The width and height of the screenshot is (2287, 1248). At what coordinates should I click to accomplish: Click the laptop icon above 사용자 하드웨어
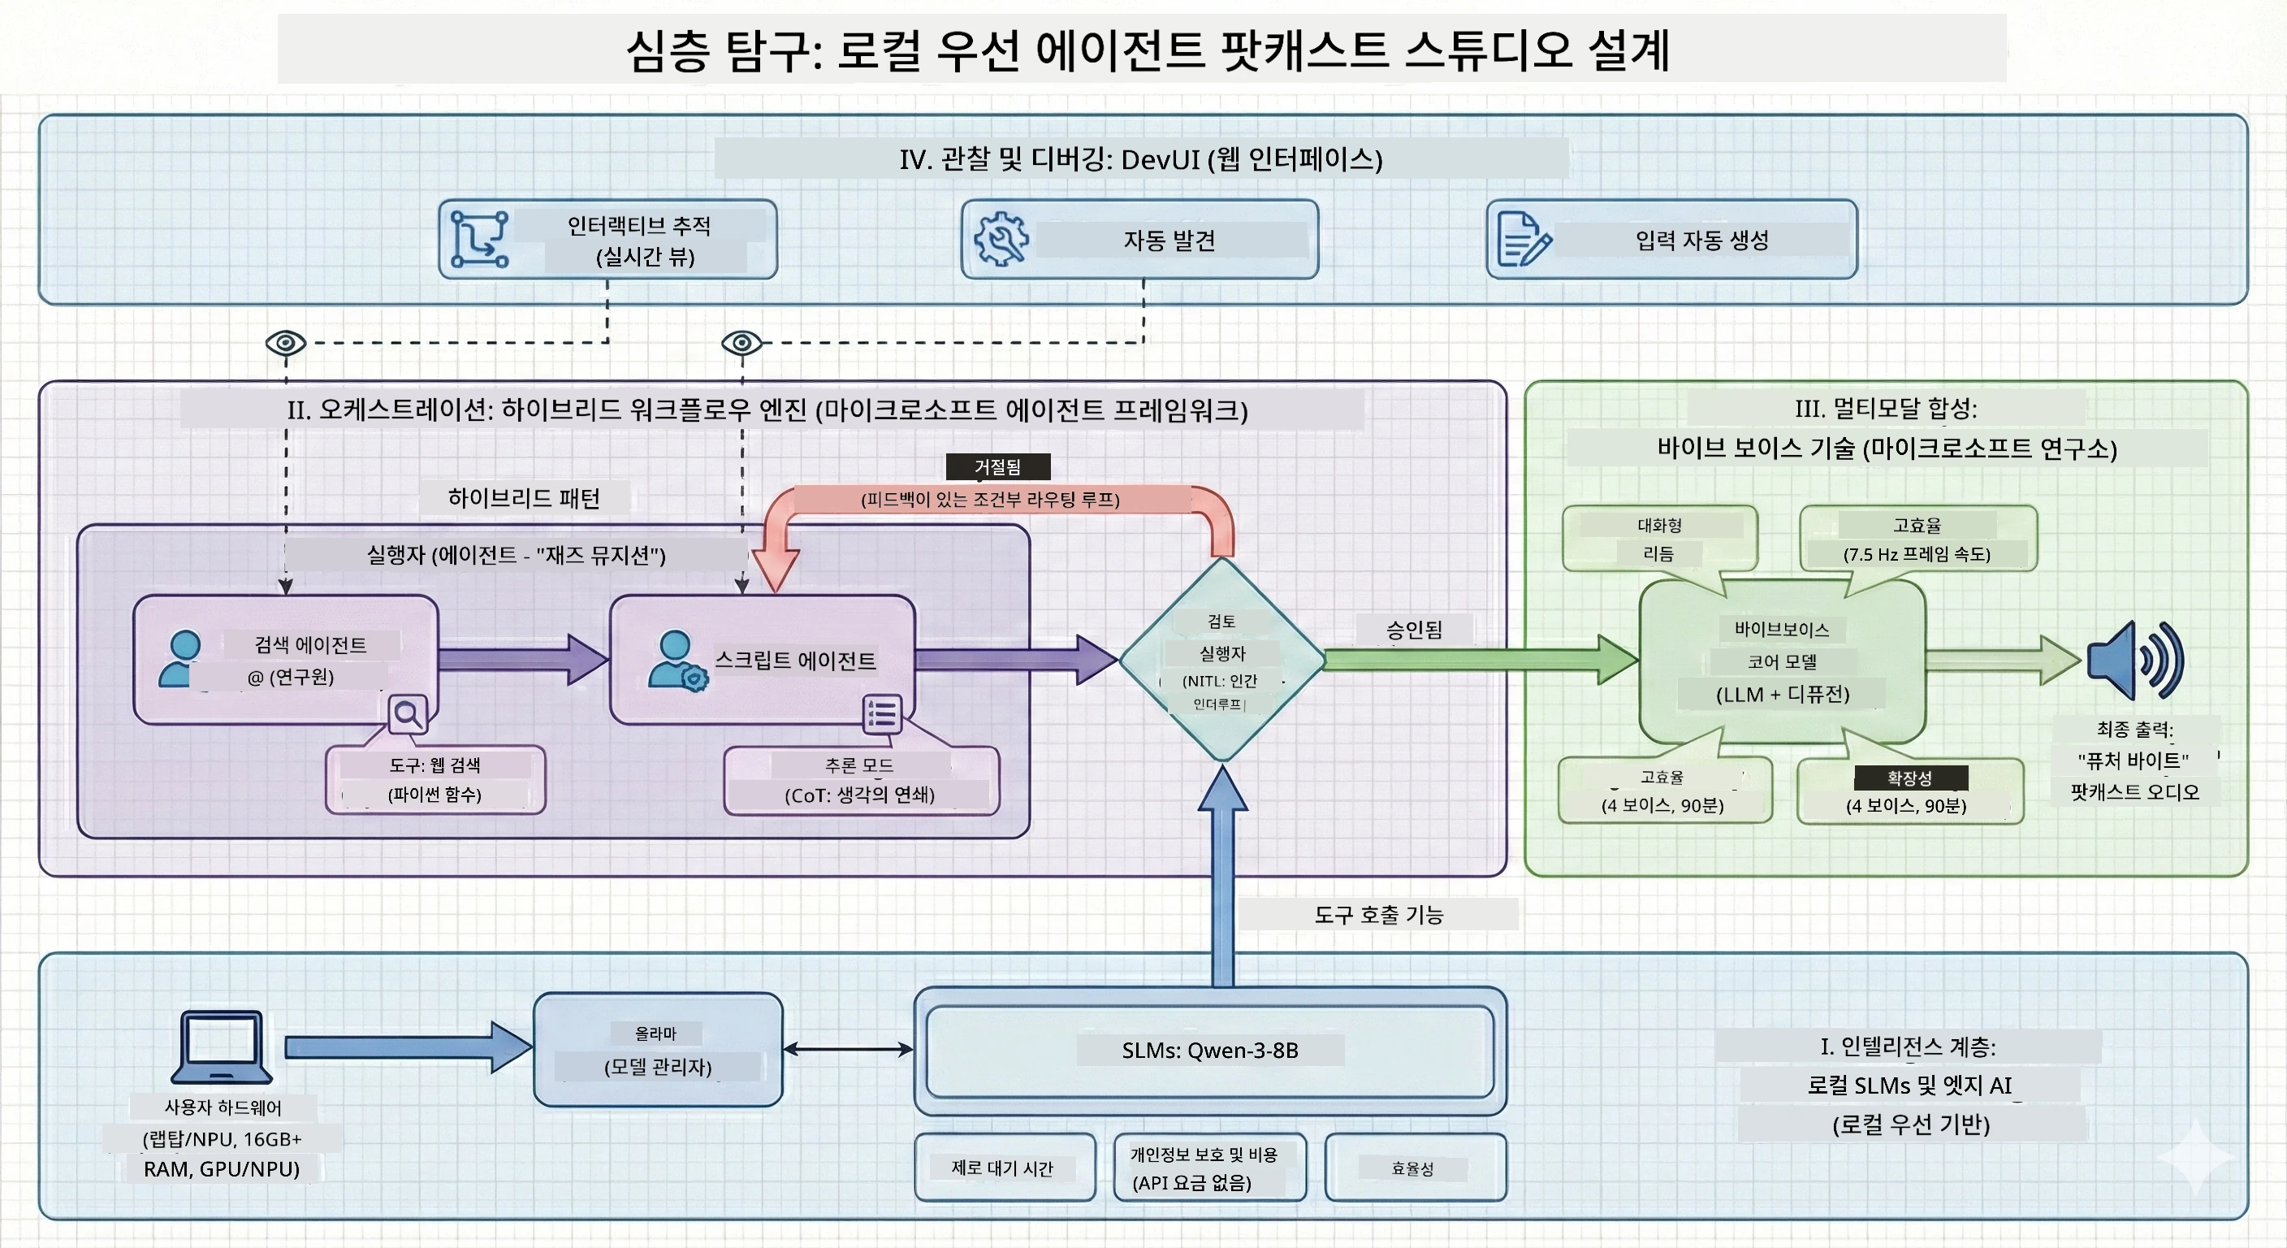(221, 1046)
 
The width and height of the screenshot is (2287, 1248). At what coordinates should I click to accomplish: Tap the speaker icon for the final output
(2134, 660)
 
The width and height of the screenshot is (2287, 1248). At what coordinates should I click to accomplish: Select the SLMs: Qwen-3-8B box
(1210, 1051)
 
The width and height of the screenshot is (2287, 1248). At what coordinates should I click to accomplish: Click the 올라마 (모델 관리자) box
(658, 1050)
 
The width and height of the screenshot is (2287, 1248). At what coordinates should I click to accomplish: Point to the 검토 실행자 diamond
(1222, 659)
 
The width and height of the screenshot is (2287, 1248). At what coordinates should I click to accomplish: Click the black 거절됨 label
(998, 466)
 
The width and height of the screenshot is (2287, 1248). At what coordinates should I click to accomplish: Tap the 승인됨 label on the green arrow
(1414, 630)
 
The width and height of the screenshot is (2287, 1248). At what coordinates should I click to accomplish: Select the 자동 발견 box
(1140, 239)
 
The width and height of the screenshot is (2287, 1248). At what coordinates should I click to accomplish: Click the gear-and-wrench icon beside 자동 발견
(1001, 239)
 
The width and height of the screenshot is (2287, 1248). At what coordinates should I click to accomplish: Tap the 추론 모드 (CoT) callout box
(861, 780)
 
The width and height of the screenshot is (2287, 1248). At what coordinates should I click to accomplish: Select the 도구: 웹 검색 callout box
(435, 780)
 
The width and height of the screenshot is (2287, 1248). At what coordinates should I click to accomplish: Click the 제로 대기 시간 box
(1005, 1168)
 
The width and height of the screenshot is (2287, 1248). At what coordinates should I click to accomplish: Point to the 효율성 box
(1416, 1168)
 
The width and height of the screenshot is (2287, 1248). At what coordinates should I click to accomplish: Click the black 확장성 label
(1910, 778)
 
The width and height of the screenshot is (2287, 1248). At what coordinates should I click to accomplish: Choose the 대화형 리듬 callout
(1659, 539)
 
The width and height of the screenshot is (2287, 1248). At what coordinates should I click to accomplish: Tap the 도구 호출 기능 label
(1379, 914)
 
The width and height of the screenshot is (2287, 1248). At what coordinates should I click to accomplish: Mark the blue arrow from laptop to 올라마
(409, 1048)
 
